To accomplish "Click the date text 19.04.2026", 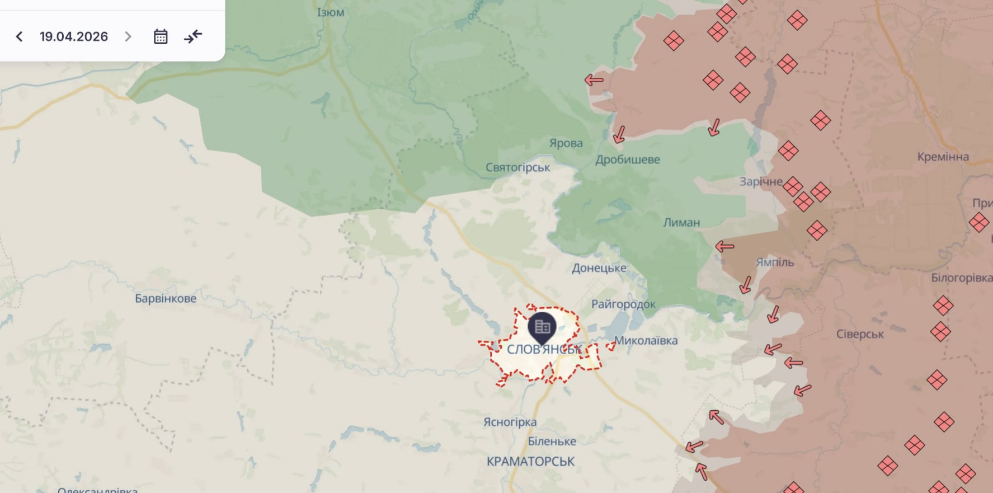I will click(x=73, y=37).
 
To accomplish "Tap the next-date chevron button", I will click(x=128, y=37).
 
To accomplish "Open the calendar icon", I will click(x=161, y=37).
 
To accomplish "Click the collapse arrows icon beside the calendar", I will click(x=193, y=37).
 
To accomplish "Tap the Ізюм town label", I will click(x=331, y=12).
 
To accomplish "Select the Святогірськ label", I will click(x=517, y=167).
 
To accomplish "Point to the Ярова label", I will click(x=566, y=143).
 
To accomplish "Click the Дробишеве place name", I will click(x=627, y=159).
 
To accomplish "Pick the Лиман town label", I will click(x=681, y=222).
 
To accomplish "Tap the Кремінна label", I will click(x=943, y=157).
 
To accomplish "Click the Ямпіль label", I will click(x=774, y=262).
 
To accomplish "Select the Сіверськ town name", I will click(x=859, y=334).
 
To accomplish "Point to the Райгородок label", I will click(x=623, y=304).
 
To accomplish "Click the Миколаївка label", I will click(x=646, y=340).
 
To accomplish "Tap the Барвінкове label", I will click(x=166, y=298).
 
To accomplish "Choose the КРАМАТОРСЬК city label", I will click(x=530, y=462).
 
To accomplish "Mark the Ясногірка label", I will click(x=510, y=422).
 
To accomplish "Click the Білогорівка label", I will click(x=961, y=278).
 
